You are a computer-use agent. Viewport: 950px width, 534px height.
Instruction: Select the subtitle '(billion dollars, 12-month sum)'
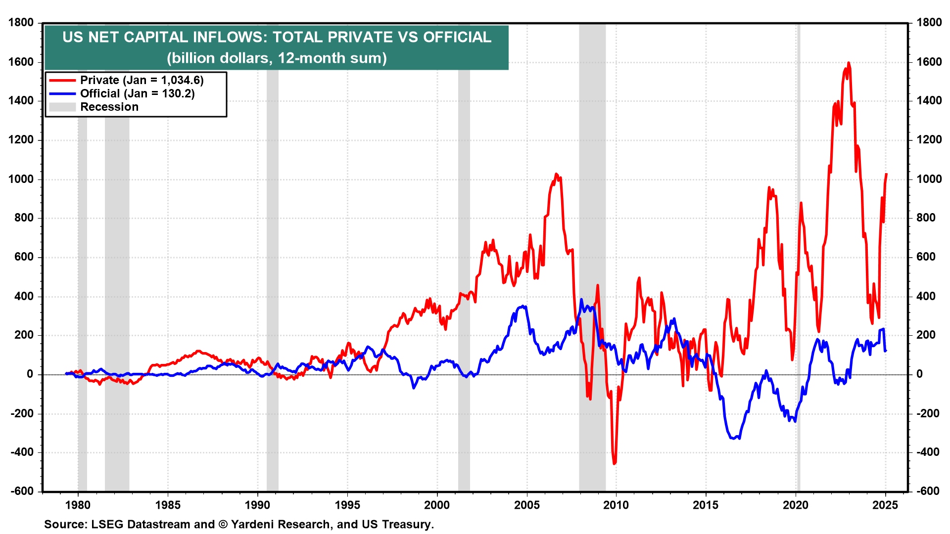coord(277,58)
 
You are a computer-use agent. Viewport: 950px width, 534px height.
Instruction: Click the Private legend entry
coord(142,80)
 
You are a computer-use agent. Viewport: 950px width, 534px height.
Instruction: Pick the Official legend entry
coord(137,93)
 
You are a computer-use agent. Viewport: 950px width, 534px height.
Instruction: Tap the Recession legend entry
coord(109,107)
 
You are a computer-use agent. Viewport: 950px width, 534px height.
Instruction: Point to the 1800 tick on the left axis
coord(21,22)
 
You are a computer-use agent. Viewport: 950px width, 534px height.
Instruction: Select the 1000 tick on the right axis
coord(929,179)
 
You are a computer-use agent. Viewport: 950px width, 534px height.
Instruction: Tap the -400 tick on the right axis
coord(929,452)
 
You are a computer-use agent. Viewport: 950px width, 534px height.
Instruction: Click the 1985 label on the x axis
coord(168,505)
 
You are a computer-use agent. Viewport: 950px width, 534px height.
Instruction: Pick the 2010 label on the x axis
coord(616,505)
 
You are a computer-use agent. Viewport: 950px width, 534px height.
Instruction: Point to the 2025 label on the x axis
coord(885,505)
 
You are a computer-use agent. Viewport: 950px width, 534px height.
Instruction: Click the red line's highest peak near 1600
coord(849,63)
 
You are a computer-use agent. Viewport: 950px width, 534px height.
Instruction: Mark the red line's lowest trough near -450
coord(615,463)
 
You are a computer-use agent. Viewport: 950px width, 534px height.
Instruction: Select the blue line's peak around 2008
coord(581,300)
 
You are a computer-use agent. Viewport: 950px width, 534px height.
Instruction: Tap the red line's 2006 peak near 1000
coord(556,174)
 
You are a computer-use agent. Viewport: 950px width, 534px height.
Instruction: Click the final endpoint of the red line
coord(886,174)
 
